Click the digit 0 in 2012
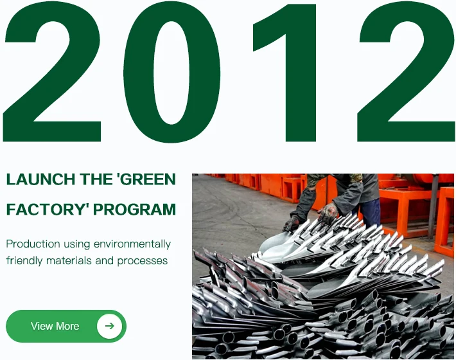tap(172, 72)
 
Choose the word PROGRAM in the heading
tap(135, 210)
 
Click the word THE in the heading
tap(96, 179)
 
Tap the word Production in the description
tap(33, 244)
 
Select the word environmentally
tap(132, 244)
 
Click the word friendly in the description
tap(24, 261)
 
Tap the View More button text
tap(55, 326)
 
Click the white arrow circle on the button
tap(109, 326)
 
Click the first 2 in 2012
tap(53, 72)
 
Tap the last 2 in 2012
tap(407, 72)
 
